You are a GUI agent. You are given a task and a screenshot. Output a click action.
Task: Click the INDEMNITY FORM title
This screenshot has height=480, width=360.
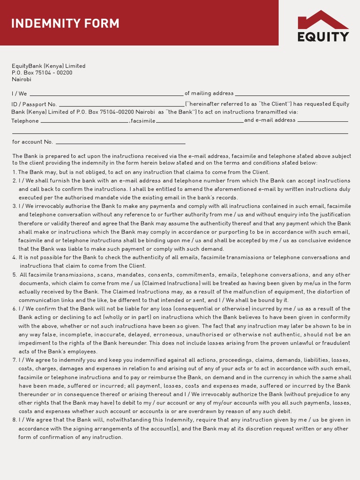(x=65, y=23)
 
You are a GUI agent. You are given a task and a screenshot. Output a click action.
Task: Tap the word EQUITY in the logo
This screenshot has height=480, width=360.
(x=323, y=37)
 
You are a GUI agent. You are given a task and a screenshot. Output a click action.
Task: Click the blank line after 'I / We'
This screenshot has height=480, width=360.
(x=106, y=93)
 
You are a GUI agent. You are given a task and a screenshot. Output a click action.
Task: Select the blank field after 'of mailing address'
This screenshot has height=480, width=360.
(x=292, y=93)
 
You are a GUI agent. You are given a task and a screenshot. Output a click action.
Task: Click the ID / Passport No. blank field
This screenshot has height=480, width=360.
(x=121, y=104)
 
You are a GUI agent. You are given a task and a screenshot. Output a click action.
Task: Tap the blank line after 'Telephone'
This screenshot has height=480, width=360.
(x=84, y=121)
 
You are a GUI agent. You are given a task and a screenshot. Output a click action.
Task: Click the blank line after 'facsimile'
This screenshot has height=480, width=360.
(x=200, y=121)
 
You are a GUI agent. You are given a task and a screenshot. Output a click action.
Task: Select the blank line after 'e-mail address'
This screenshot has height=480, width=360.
(x=323, y=120)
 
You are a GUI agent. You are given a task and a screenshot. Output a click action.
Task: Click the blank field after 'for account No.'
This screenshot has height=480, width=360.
(x=120, y=142)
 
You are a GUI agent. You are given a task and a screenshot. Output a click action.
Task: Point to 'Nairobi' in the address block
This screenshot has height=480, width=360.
(x=22, y=80)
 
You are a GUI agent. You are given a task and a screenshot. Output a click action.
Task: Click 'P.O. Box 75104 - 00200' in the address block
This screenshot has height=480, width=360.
(x=42, y=73)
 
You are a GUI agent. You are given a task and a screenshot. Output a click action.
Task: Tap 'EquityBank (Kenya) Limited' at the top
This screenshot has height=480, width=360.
(x=49, y=66)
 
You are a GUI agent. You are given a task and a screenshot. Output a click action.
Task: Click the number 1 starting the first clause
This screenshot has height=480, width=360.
(x=14, y=172)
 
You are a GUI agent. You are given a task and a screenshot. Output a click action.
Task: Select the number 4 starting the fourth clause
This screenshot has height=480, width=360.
(x=14, y=257)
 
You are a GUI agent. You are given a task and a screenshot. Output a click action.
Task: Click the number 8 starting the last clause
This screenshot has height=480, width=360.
(x=14, y=420)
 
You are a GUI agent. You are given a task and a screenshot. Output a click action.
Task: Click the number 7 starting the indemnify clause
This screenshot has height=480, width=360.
(x=14, y=360)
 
